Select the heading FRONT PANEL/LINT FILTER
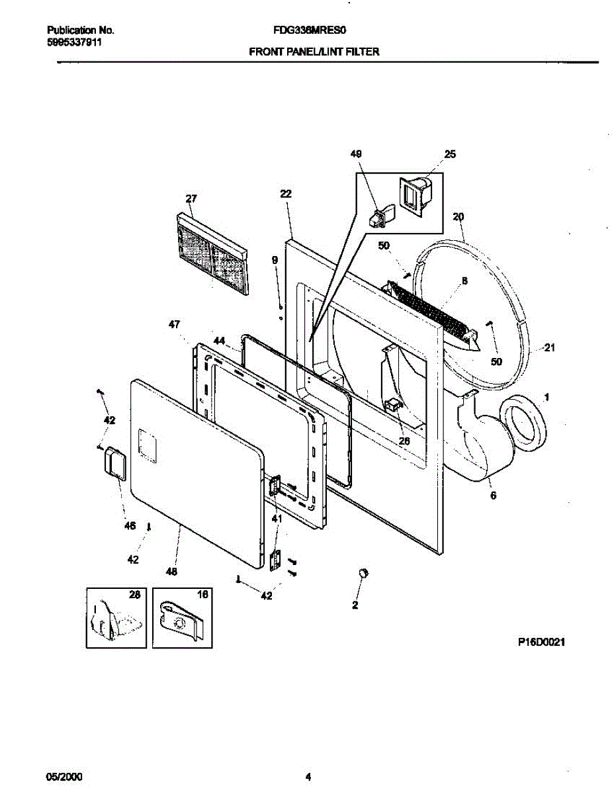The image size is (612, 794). (314, 51)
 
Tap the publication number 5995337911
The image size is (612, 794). (75, 42)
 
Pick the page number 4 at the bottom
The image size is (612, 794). (308, 776)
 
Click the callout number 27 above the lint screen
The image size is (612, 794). (191, 198)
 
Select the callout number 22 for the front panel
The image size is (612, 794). (285, 194)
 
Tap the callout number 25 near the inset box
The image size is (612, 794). (450, 154)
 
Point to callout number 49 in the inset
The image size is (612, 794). (357, 154)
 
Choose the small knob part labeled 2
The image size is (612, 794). (362, 574)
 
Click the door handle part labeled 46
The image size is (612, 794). (112, 459)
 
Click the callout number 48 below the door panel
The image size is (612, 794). (171, 572)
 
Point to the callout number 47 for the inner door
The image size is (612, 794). (175, 324)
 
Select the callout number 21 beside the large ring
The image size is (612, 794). (548, 348)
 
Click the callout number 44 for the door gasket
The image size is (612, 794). (219, 341)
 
